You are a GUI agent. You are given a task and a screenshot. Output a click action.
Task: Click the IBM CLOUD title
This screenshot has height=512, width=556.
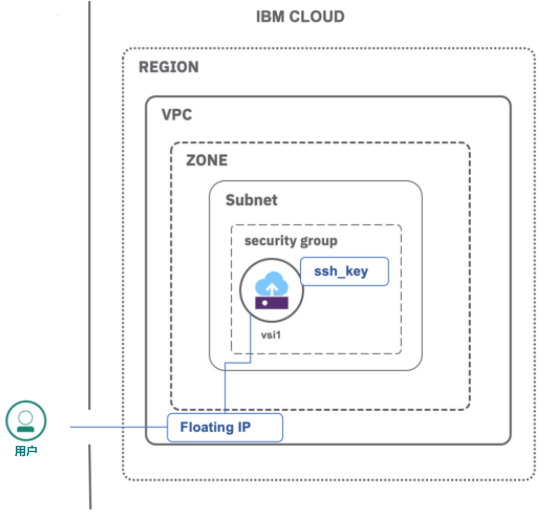(x=300, y=17)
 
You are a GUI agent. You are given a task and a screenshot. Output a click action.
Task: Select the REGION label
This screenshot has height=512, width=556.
(x=168, y=67)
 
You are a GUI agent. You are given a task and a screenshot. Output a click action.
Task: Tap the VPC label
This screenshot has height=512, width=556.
(x=176, y=115)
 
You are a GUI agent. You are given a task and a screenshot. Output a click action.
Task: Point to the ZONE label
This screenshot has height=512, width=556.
(x=207, y=160)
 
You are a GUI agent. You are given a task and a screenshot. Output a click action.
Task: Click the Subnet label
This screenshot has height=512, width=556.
(x=251, y=200)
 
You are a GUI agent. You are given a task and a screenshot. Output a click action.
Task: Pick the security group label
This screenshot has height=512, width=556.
(x=291, y=241)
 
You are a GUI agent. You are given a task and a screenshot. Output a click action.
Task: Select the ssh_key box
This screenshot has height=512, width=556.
(x=344, y=272)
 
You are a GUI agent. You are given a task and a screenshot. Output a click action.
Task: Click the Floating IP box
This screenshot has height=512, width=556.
(x=225, y=427)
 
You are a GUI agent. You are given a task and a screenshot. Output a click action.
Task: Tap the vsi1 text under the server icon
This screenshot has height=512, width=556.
(x=271, y=334)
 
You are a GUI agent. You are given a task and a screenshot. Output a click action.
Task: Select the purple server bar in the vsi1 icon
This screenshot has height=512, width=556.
(x=272, y=303)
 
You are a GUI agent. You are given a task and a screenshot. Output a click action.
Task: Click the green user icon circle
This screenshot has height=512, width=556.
(x=26, y=420)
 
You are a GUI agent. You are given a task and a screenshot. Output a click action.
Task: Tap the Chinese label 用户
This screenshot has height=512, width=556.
(x=26, y=451)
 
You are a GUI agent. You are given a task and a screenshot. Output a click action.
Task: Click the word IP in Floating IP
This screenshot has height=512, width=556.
(x=244, y=427)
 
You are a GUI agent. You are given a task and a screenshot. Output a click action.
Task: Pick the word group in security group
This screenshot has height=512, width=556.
(x=319, y=241)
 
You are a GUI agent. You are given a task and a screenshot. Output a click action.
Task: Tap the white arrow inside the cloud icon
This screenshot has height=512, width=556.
(x=272, y=288)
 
